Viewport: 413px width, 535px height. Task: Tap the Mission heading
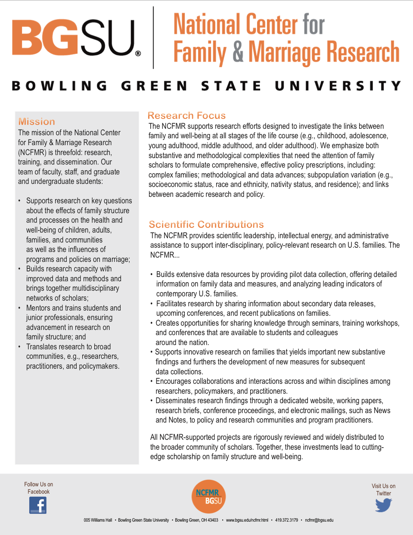[x=37, y=122]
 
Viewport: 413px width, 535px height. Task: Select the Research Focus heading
[x=186, y=115]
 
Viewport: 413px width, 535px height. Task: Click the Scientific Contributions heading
[x=206, y=224]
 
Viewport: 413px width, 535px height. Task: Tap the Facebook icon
[x=38, y=505]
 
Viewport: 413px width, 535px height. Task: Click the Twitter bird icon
[x=383, y=505]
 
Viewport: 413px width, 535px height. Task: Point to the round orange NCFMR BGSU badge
[x=208, y=497]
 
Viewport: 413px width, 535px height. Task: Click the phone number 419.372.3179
[x=286, y=520]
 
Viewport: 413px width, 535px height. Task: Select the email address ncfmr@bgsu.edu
[x=319, y=520]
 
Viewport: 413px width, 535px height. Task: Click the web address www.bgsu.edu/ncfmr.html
[x=247, y=520]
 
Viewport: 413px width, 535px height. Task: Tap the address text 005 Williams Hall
[x=98, y=520]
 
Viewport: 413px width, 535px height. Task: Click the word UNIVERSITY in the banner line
[x=338, y=86]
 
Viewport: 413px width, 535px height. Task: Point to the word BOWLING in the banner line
[x=59, y=86]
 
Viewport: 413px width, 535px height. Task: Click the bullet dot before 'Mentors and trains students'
[x=19, y=308]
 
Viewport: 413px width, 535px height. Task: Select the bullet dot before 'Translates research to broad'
[x=19, y=347]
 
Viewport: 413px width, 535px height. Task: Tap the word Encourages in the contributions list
[x=174, y=381]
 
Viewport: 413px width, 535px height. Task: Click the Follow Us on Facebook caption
[x=38, y=488]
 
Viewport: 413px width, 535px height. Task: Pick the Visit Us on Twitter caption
[x=383, y=490]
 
